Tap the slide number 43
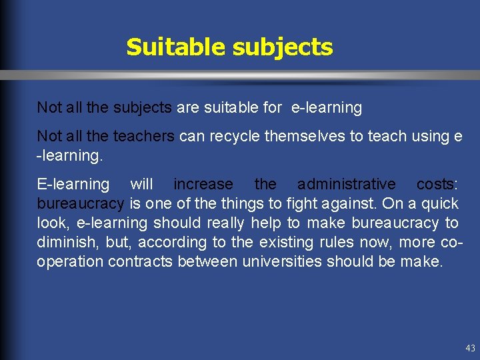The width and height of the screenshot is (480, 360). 470,348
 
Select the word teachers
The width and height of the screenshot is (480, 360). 143,137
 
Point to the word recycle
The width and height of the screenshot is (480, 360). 233,137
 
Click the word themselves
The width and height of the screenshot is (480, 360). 307,137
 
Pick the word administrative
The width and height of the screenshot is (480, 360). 346,184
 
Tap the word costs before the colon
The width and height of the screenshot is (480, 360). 435,184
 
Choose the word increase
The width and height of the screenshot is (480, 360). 203,184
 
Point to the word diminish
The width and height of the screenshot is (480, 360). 64,242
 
